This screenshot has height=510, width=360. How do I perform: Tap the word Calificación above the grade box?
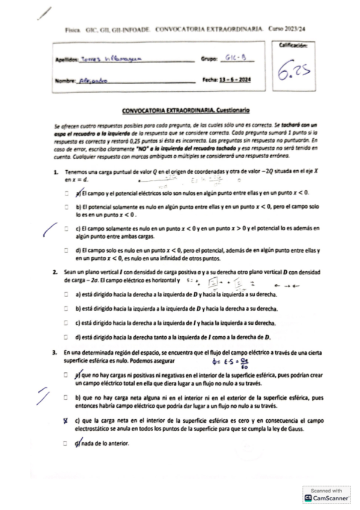tap(294, 45)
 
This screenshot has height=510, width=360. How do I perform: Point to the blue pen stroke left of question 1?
tap(49, 232)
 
